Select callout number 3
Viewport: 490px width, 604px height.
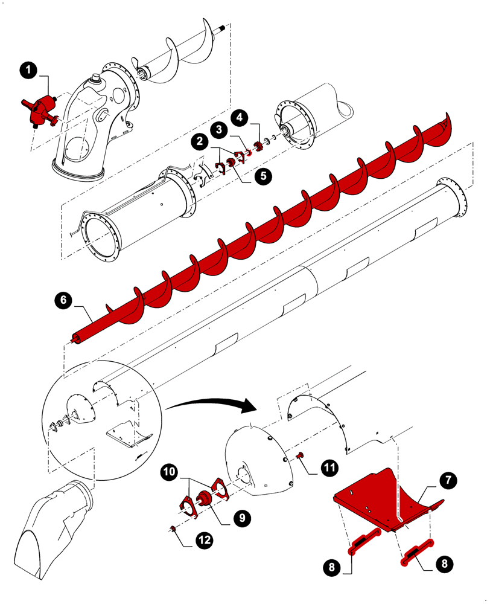tap(220, 129)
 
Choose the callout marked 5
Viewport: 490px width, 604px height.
tap(263, 176)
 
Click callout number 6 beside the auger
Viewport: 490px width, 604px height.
tap(62, 300)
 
